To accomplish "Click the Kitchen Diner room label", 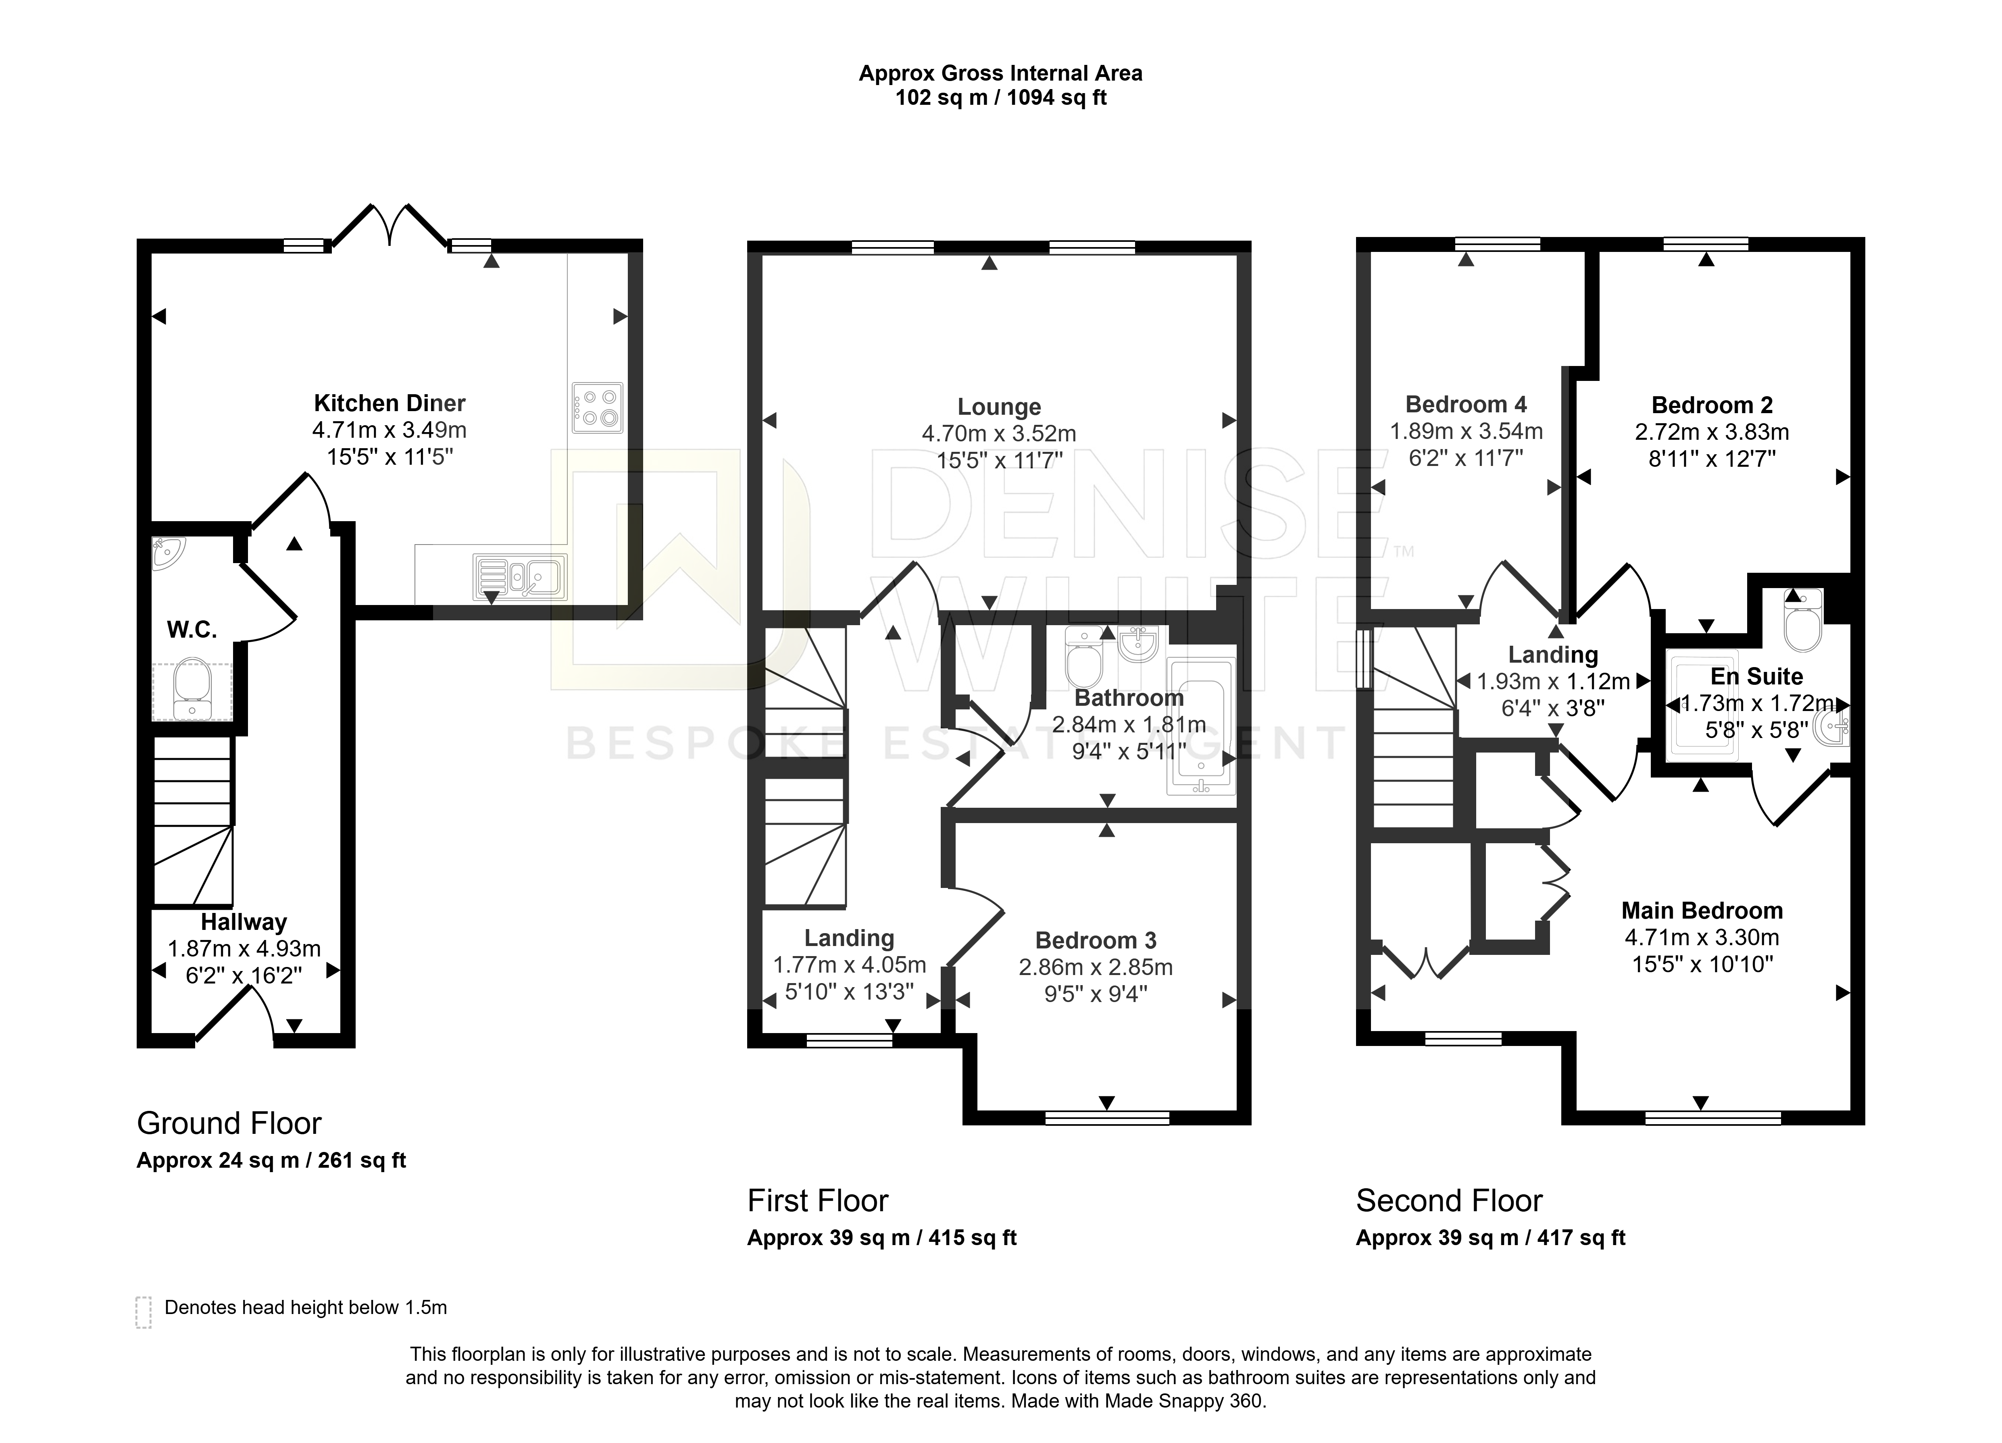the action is [x=389, y=403].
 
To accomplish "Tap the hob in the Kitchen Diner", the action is [x=597, y=408].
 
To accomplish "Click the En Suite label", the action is [x=1756, y=677].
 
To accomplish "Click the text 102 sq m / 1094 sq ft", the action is [x=1001, y=98].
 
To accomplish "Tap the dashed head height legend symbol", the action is [x=143, y=1312].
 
